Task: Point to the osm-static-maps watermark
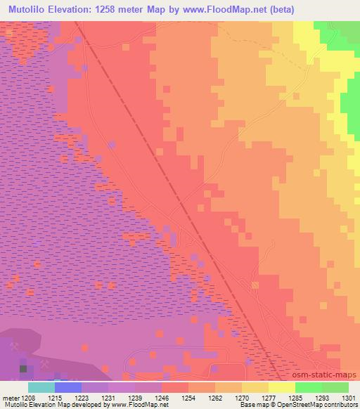330,375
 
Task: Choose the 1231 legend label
109,398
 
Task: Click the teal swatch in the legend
41,387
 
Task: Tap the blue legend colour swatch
68,387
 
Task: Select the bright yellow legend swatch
282,387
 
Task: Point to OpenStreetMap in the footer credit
321,405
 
